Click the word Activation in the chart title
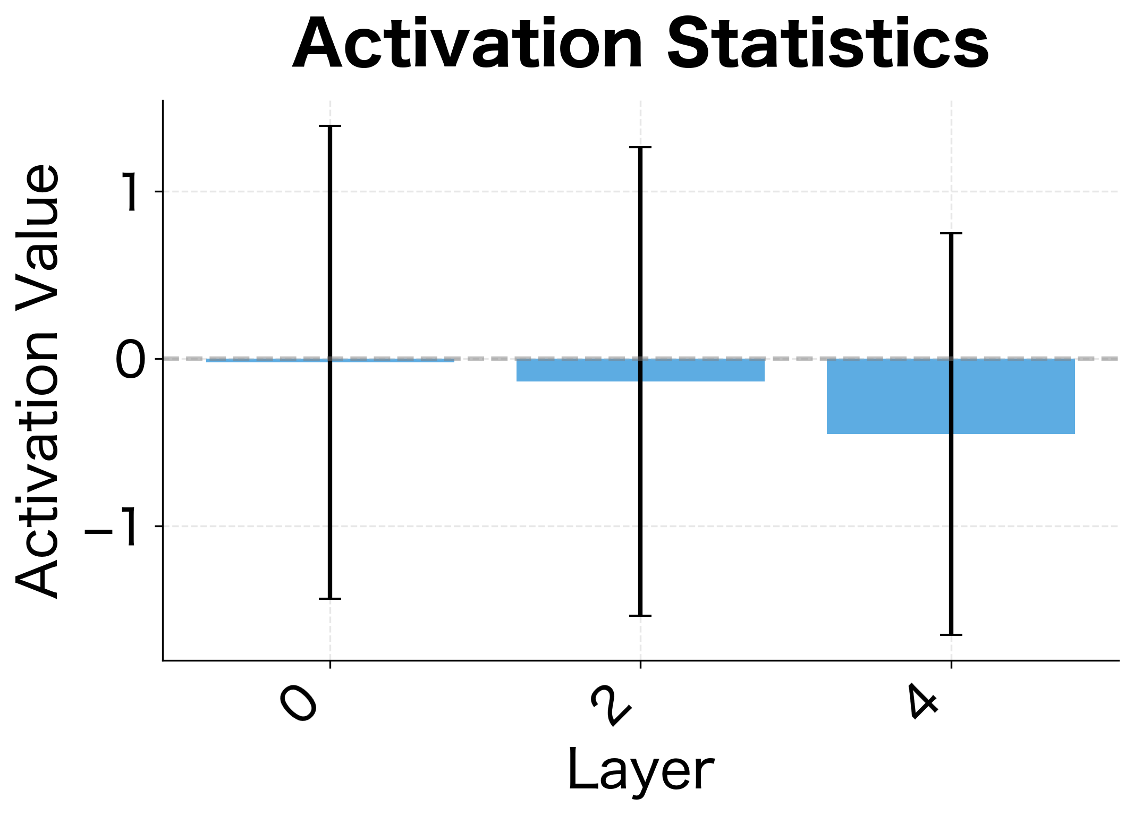(468, 44)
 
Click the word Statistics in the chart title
(827, 44)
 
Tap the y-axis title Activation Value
(37, 381)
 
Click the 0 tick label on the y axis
(130, 360)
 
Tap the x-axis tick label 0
(299, 702)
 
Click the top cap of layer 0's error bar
(330, 126)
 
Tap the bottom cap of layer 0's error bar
(330, 599)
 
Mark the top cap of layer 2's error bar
(640, 147)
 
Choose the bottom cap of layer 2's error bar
(640, 616)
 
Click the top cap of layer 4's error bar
(951, 233)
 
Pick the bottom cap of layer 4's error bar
(951, 634)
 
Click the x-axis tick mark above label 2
(640, 664)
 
